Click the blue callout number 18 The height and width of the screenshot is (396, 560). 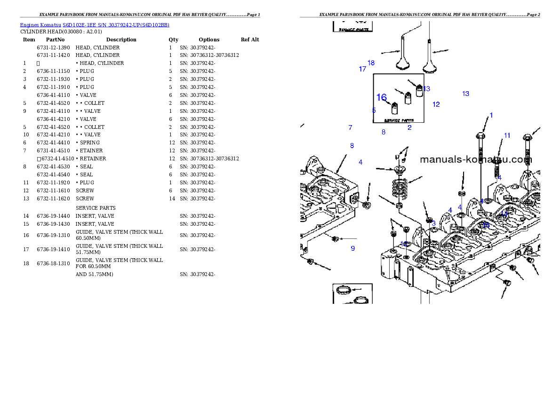click(x=371, y=63)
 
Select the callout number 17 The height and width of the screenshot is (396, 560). click(x=362, y=69)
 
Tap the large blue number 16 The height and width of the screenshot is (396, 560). click(x=381, y=97)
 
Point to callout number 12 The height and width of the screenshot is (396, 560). click(x=436, y=104)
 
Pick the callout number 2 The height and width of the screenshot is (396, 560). click(x=409, y=127)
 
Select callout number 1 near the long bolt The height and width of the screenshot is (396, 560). click(x=491, y=115)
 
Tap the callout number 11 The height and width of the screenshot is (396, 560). click(x=507, y=135)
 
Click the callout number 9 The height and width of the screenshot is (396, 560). click(x=352, y=248)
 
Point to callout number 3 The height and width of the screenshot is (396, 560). click(x=434, y=224)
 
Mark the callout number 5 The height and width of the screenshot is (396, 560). click(x=374, y=111)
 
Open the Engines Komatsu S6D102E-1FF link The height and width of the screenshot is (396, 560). click(x=95, y=25)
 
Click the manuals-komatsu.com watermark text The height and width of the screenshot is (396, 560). click(x=475, y=159)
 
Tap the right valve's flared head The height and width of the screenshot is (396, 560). click(x=430, y=66)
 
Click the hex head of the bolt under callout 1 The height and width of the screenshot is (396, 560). click(x=480, y=136)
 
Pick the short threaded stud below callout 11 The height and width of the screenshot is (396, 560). click(x=496, y=170)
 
